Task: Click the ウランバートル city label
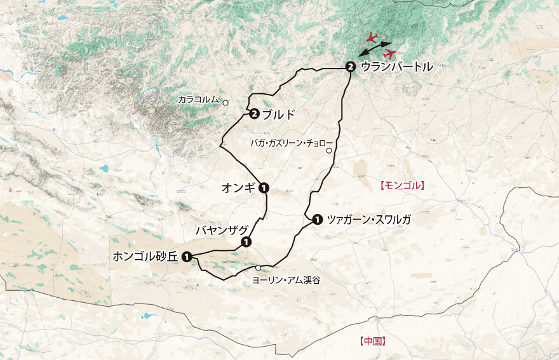click(396, 66)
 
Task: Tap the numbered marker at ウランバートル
click(350, 66)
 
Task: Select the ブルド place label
click(279, 114)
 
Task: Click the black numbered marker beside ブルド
click(254, 114)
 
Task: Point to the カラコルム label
click(198, 100)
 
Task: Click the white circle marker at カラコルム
click(225, 102)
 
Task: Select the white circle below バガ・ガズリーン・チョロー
click(329, 151)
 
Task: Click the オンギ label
click(238, 187)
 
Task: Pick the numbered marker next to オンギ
click(264, 187)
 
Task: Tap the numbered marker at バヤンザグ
click(245, 242)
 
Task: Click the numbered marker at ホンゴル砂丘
click(187, 257)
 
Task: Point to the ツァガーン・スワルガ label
click(368, 220)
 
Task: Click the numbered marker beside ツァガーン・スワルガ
click(317, 220)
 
